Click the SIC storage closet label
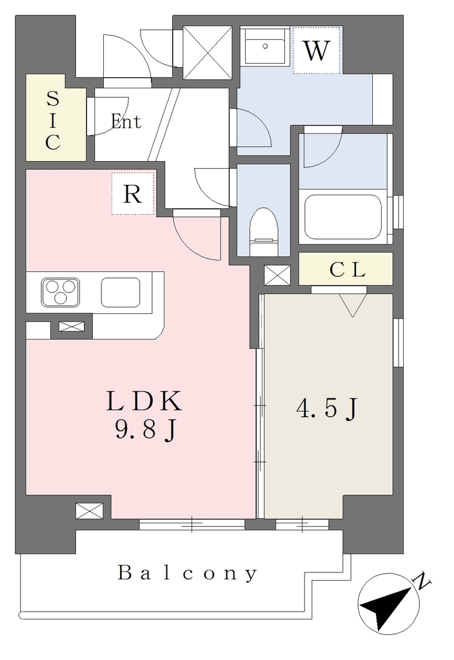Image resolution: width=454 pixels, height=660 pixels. (53, 121)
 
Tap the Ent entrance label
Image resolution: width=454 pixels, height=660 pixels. (126, 122)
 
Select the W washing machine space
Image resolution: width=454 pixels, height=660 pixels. (316, 50)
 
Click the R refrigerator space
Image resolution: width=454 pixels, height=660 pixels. (133, 193)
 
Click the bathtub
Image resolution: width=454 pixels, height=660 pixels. (343, 217)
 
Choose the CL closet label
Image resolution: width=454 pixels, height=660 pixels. (347, 270)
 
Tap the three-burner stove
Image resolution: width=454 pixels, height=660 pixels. (61, 292)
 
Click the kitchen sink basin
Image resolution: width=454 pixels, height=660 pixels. (121, 292)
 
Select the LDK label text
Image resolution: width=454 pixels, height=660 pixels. (144, 401)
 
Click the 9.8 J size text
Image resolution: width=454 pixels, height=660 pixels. (145, 430)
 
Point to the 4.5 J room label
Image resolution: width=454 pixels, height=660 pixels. (327, 409)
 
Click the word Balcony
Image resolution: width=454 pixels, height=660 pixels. (188, 573)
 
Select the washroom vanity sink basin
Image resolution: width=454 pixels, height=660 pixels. (265, 46)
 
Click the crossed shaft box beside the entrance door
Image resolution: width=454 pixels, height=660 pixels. (208, 53)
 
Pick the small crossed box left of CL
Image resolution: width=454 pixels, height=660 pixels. (277, 275)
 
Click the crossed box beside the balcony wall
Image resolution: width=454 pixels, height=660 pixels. (89, 511)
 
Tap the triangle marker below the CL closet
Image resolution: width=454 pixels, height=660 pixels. (353, 305)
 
